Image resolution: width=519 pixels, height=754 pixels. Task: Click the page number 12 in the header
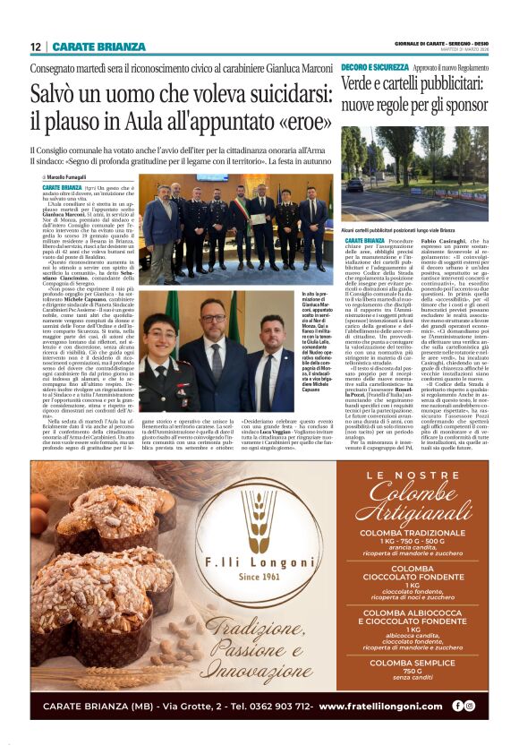(x=35, y=47)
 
